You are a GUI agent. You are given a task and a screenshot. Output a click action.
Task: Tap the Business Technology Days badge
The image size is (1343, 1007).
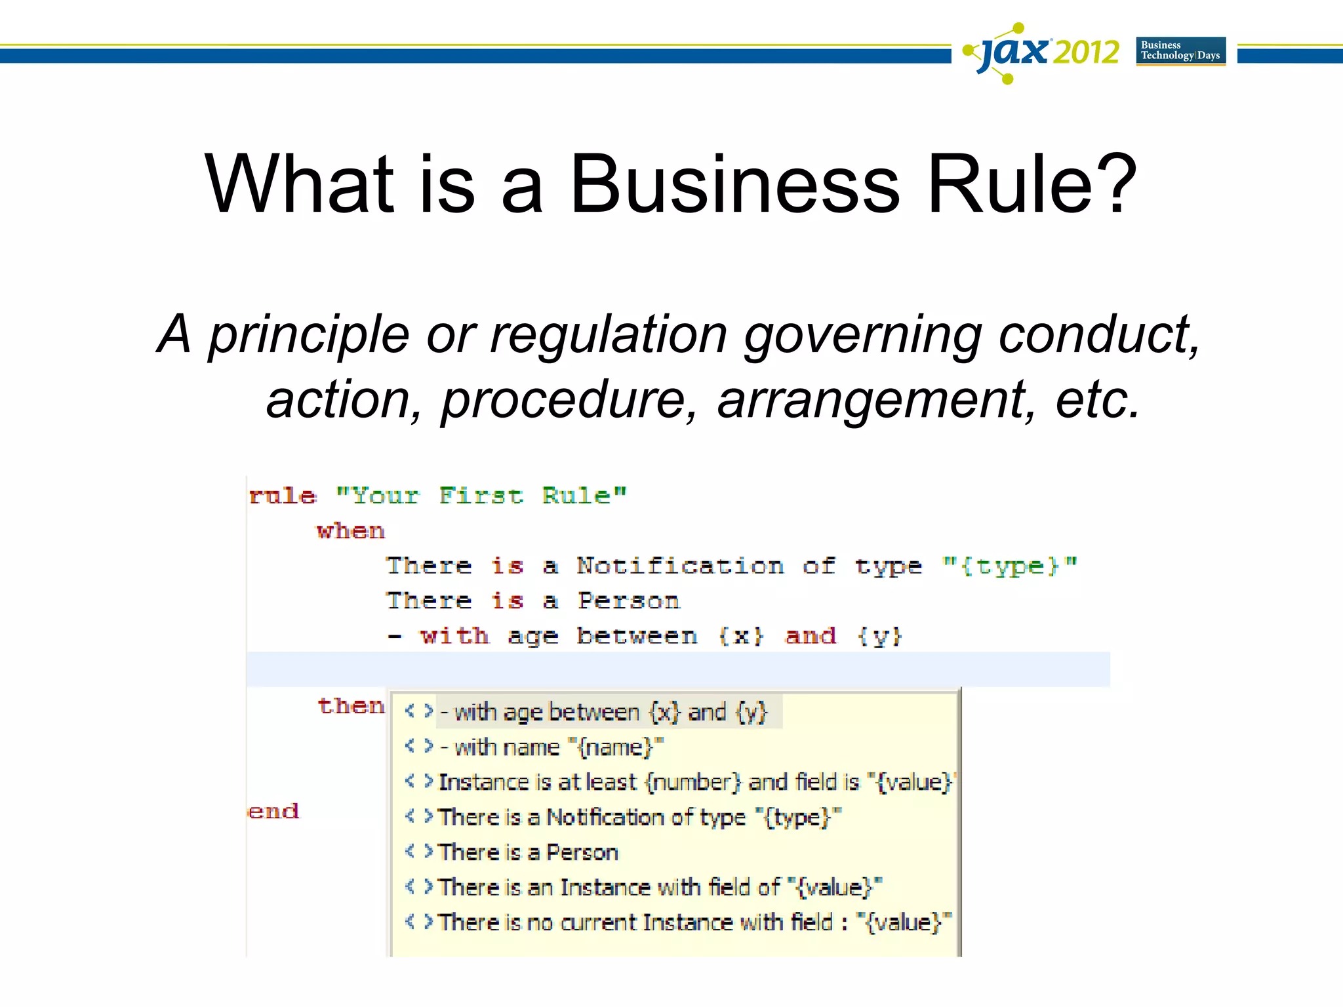point(1180,51)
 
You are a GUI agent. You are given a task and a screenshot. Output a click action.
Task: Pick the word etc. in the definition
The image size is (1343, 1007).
point(1098,400)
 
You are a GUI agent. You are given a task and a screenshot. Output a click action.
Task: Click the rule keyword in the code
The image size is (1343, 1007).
point(283,496)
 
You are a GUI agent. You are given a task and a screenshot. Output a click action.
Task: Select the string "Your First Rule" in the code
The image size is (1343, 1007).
point(481,496)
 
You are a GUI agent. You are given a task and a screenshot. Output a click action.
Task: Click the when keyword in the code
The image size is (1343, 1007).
point(351,531)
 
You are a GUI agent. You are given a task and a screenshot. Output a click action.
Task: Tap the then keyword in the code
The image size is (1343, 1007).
point(351,706)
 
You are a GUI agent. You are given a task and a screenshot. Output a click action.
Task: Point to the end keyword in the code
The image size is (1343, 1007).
point(273,812)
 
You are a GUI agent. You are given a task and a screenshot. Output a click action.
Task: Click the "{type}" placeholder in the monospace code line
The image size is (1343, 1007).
point(1009,566)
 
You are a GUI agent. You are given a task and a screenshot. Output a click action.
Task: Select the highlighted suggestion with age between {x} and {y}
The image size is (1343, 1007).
point(603,712)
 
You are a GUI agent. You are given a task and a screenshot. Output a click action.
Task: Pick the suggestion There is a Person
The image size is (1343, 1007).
point(528,852)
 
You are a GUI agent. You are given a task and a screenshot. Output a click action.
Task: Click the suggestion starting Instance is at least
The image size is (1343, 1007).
point(695,782)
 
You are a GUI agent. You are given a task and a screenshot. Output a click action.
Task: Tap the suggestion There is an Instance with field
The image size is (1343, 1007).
point(660,887)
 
